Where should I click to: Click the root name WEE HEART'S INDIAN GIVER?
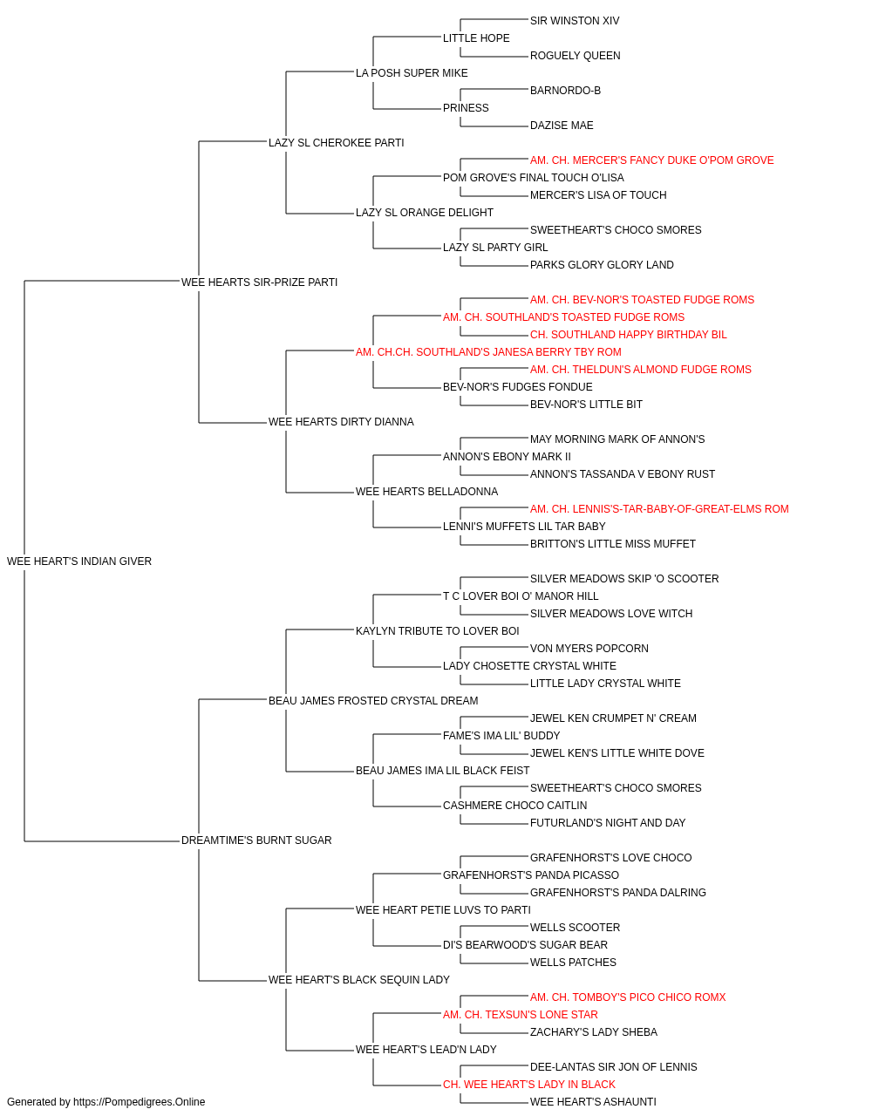(79, 561)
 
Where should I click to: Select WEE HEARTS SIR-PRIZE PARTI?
(259, 282)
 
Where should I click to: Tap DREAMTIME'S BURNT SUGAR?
(256, 840)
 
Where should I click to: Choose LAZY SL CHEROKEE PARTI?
(337, 143)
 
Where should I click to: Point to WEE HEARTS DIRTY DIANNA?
(341, 422)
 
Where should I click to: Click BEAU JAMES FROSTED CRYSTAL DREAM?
(373, 700)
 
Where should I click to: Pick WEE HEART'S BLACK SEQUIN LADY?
(359, 979)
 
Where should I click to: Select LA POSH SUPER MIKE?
(412, 73)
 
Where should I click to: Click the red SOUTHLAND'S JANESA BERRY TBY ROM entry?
(488, 351)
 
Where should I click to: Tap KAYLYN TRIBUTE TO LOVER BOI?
(438, 630)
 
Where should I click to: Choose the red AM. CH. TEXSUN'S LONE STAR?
(521, 1014)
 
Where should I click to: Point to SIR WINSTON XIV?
(575, 21)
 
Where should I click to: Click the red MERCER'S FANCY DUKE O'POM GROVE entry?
(651, 160)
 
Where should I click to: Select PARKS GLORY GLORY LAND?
(602, 264)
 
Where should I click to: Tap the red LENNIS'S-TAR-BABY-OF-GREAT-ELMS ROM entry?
(659, 509)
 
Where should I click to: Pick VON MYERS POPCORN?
(589, 648)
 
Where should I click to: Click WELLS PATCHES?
(573, 962)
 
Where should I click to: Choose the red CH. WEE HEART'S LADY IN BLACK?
(529, 1084)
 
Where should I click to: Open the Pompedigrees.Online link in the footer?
(139, 1102)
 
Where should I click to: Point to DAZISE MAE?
(562, 126)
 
